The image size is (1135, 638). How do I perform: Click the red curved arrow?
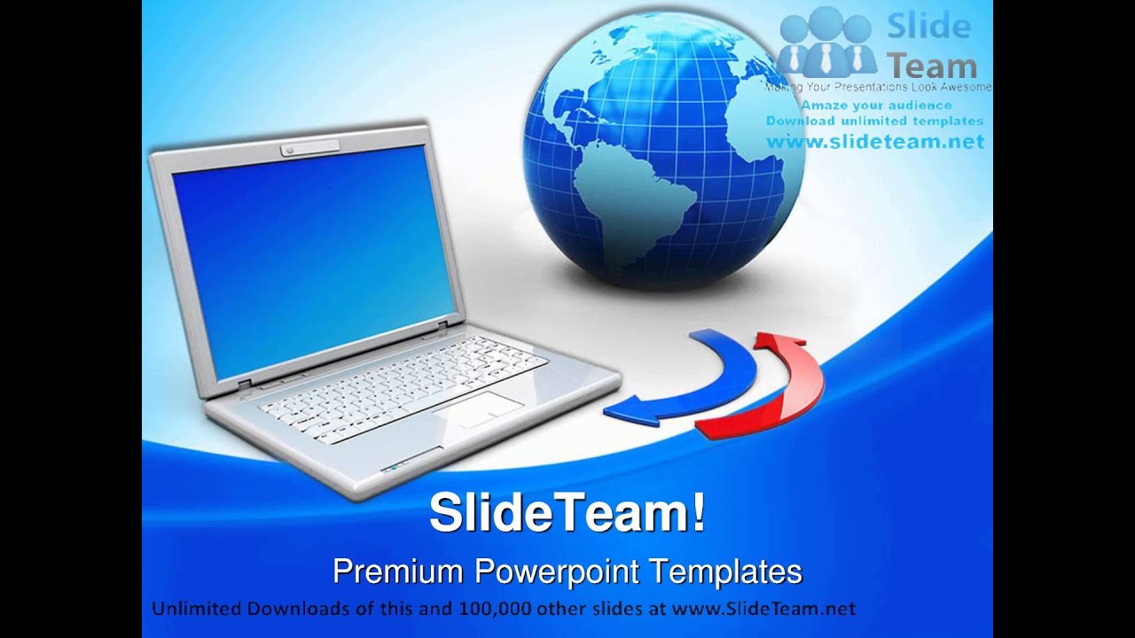tap(780, 390)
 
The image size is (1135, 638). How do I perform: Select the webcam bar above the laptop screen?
tap(310, 148)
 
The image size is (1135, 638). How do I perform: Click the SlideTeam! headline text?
tap(567, 514)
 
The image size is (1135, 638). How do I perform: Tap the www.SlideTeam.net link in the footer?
tap(763, 609)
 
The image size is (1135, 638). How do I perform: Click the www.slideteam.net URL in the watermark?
tap(874, 141)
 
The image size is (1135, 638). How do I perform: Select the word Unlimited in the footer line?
tap(196, 609)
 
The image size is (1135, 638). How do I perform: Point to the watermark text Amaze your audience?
tap(876, 105)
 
